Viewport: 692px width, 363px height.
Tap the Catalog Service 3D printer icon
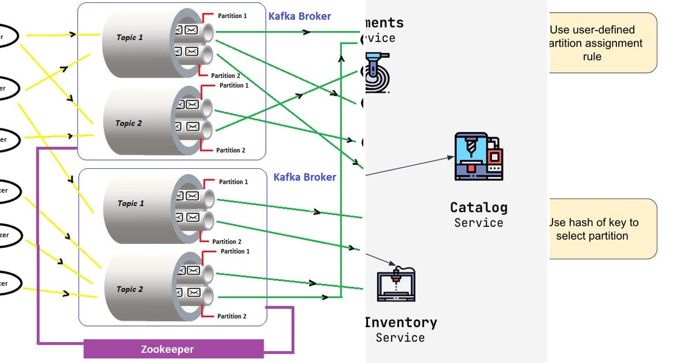478,156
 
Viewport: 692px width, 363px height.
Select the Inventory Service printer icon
396,283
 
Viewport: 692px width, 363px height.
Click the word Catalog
479,207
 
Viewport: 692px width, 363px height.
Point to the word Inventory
401,323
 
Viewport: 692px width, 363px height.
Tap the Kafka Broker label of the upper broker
300,16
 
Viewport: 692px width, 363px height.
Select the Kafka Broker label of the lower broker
304,177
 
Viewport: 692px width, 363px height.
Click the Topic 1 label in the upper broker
130,37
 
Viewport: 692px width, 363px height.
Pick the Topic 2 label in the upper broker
129,123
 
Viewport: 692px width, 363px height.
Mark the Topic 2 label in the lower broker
130,289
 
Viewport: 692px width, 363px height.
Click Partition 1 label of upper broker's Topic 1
232,16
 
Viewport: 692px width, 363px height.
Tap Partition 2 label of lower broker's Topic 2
232,316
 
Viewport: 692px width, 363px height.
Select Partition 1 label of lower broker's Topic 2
235,251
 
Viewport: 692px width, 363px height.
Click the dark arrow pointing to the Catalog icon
409,165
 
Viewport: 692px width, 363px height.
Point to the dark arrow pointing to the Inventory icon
378,257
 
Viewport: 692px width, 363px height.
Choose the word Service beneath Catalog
479,223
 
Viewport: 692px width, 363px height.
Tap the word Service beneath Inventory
400,338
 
